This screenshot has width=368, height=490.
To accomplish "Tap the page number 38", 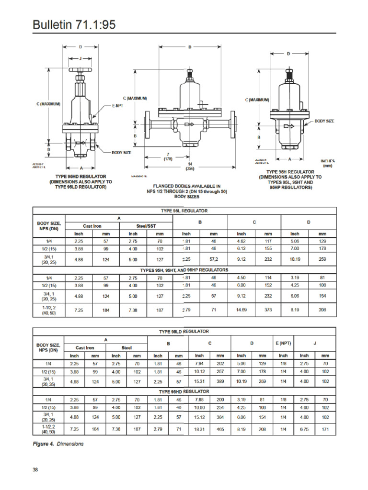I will (35, 469).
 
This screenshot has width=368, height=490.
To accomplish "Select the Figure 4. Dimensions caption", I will (58, 444).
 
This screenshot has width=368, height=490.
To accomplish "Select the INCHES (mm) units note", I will (327, 164).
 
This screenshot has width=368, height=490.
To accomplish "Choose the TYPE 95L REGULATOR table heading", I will (184, 210).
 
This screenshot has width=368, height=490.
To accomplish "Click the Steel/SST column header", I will (147, 226).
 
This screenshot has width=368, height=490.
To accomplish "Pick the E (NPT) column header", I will (283, 343).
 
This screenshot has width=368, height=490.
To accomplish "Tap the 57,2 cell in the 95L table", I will (214, 259).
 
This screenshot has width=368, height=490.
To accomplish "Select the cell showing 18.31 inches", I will (199, 430).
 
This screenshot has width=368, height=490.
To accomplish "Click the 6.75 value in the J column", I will (304, 430).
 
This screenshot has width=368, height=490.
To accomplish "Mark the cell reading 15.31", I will (199, 381).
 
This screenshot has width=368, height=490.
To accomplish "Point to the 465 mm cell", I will (220, 430).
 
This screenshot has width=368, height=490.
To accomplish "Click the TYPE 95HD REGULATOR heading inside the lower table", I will (184, 391).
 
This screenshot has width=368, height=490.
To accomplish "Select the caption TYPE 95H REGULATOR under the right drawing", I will (290, 172).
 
